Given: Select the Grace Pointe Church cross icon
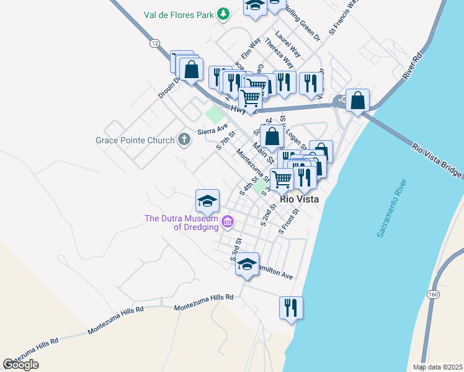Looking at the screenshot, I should [x=184, y=139].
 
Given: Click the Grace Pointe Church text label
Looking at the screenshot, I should [x=135, y=140].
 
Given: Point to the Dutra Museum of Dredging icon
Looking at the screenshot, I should [x=228, y=221].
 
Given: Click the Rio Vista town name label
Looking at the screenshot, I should [x=300, y=200].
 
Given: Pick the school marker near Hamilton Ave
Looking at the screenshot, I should [x=247, y=264].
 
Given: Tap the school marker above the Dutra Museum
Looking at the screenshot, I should [x=207, y=200].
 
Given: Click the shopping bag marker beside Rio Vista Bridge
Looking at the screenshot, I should [x=358, y=100].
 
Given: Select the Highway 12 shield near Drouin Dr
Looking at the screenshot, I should [x=154, y=42].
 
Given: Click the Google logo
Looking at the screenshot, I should [x=20, y=365].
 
